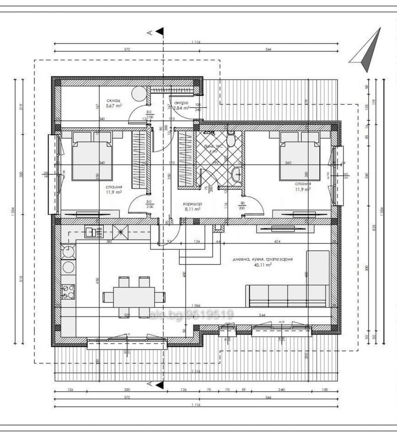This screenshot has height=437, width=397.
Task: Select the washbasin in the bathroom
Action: (237, 174)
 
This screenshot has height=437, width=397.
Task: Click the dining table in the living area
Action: (134, 297)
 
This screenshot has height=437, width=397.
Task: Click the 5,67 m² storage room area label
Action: (114, 105)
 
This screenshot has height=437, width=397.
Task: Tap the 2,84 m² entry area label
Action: (182, 107)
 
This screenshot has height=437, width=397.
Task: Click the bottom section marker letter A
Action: (149, 384)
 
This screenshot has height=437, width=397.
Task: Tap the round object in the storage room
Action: (139, 93)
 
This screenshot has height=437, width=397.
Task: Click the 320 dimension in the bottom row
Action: (127, 390)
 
